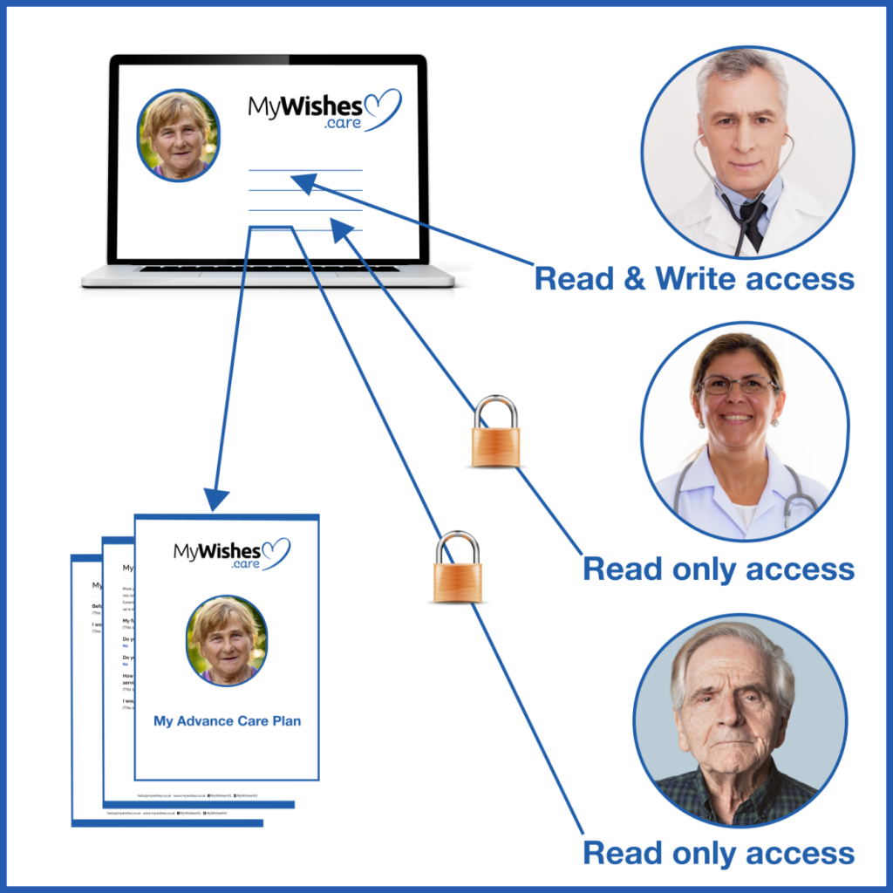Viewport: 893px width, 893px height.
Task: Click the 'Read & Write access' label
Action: [694, 279]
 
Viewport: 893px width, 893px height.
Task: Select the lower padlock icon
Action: [457, 569]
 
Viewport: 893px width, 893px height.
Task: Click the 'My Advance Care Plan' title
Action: [227, 721]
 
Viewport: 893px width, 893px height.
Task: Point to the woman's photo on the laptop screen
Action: [178, 135]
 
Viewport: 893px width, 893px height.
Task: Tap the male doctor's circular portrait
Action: [747, 152]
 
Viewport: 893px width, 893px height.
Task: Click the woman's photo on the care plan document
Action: [227, 641]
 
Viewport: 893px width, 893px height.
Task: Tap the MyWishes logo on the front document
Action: [230, 553]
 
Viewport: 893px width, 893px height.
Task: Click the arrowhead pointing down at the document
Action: [216, 499]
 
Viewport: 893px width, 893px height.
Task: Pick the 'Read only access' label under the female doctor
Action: [719, 569]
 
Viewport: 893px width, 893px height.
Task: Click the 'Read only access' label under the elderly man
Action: [719, 852]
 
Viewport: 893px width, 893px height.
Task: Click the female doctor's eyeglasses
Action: [738, 385]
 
